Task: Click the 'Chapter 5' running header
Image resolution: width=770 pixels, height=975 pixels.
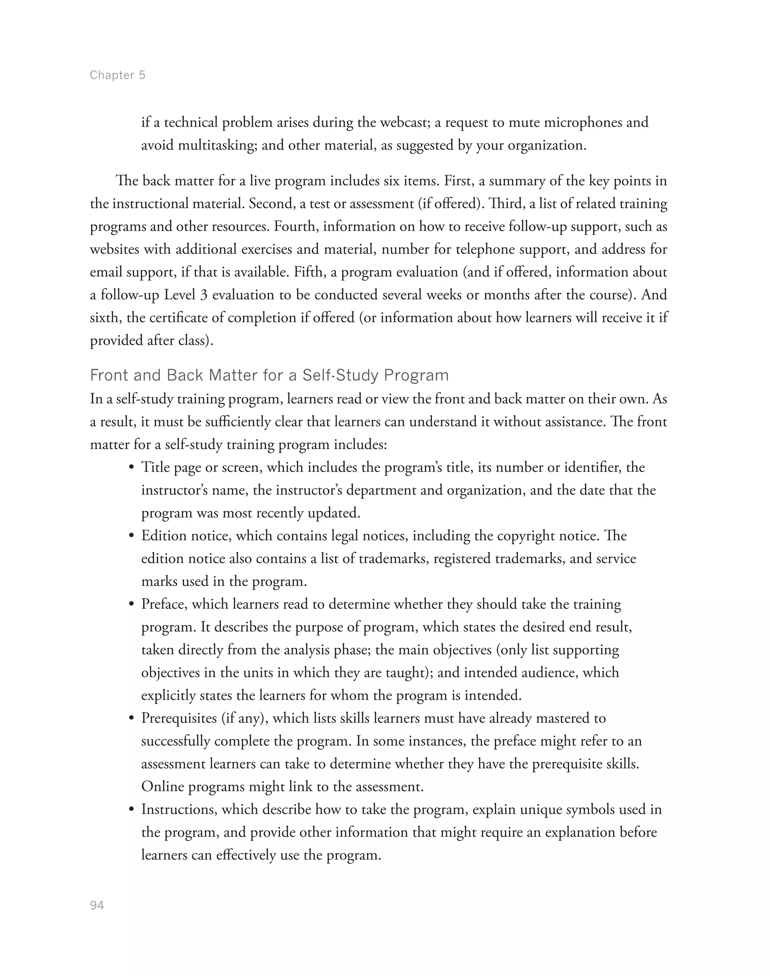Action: coord(117,75)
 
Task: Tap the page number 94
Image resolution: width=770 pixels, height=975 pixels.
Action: coord(97,905)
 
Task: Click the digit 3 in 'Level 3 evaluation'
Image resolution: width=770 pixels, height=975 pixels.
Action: coord(204,295)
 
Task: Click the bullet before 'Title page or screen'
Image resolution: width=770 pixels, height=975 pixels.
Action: coord(132,468)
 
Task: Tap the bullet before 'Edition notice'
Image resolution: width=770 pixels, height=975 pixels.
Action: coord(132,536)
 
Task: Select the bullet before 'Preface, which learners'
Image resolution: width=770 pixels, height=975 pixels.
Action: coord(132,604)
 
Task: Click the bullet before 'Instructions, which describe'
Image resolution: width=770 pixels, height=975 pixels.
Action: coord(132,810)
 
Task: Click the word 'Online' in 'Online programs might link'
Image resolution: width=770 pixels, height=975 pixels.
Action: coord(162,787)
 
